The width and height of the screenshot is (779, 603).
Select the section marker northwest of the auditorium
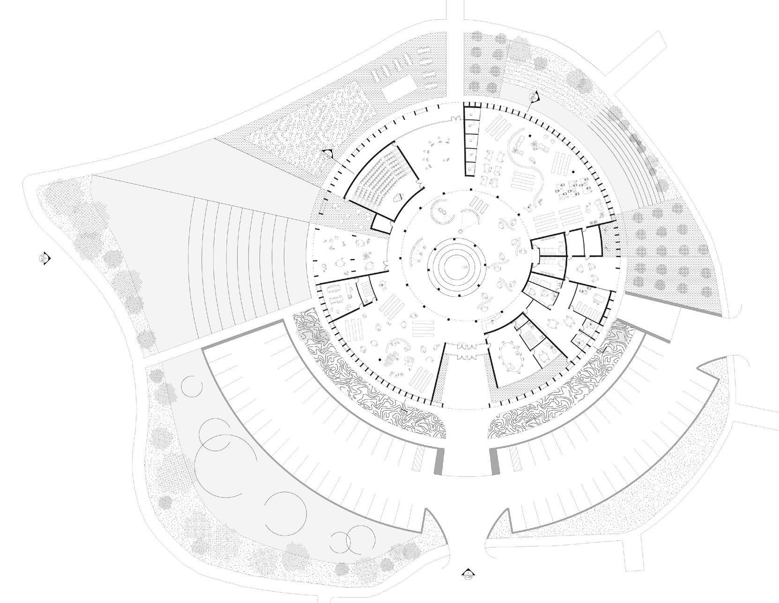327,153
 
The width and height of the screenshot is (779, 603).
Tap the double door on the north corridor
455,119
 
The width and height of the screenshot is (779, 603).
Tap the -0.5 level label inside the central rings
466,266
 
